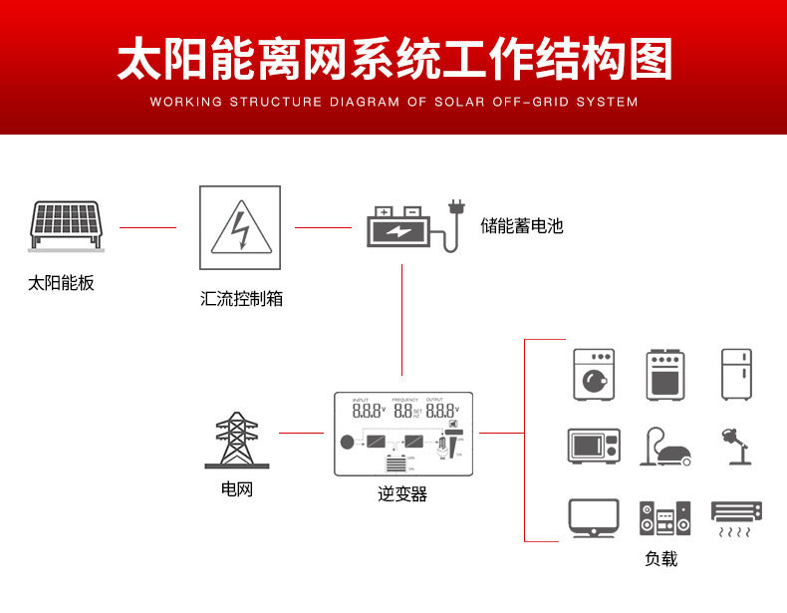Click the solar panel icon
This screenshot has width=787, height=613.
[67, 226]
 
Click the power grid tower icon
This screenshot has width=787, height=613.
[237, 441]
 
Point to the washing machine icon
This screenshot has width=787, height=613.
[594, 374]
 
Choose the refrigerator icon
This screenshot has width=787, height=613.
[738, 374]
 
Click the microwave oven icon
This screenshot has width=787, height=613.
[594, 446]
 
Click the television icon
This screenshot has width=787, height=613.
[594, 519]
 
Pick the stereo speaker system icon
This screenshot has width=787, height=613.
[664, 519]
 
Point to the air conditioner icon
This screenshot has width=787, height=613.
[737, 517]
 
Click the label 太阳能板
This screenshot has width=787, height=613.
[61, 283]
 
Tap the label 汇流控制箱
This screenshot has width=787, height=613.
[241, 298]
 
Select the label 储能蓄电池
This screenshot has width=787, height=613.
[521, 226]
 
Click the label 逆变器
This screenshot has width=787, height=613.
[402, 493]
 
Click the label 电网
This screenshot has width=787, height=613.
[237, 490]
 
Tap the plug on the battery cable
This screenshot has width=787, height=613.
[457, 210]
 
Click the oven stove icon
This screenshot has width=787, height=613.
[665, 374]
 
